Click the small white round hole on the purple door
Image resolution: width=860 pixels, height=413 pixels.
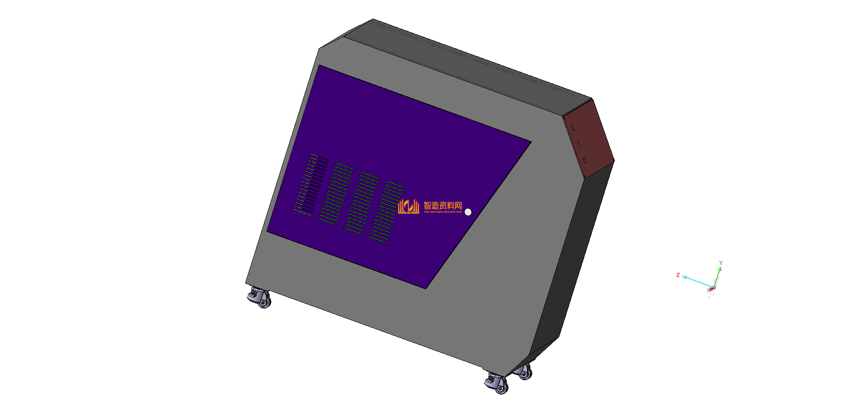pos(468,212)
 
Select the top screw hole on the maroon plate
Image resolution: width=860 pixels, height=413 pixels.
pos(573,128)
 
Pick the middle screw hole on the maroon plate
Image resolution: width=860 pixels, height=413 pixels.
pos(578,144)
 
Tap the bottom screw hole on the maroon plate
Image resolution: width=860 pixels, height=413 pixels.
pos(584,160)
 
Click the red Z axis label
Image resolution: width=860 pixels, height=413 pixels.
pos(678,275)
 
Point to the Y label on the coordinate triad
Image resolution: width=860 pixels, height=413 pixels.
pos(721,263)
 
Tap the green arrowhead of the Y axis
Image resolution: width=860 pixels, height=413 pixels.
pos(719,269)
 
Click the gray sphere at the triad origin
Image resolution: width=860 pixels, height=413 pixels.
pos(712,288)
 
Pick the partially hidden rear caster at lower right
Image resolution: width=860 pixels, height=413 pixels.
pos(524,371)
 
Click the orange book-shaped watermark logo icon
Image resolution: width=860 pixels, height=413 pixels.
pos(408,206)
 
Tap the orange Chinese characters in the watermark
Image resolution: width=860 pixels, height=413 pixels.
pos(442,205)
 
